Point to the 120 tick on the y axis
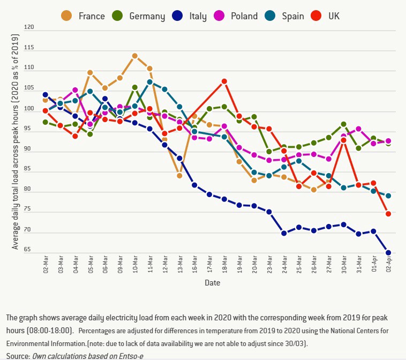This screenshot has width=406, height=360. point(29,27)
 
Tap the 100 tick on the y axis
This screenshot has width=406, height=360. point(29,109)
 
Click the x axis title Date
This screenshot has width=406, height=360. point(211,282)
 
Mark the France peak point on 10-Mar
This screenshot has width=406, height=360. point(135,56)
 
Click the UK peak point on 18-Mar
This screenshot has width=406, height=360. point(224,81)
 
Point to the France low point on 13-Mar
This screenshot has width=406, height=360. point(179,176)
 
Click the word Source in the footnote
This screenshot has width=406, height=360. point(17,356)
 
